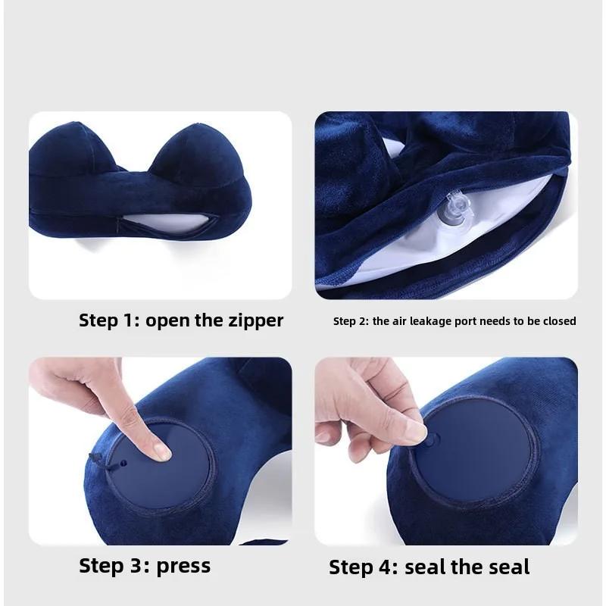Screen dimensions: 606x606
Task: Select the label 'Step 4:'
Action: point(364,567)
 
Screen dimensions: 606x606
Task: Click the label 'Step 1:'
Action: point(109,320)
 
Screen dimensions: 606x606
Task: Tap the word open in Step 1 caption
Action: point(168,320)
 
